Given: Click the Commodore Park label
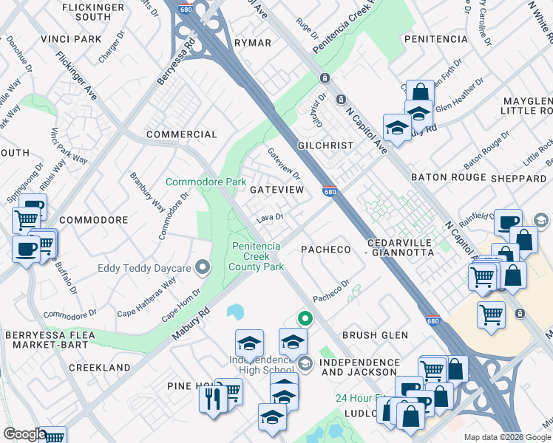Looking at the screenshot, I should click(206, 182).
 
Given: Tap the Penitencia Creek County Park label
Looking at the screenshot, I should click(257, 256).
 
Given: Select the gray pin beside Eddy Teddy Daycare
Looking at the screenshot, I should click(201, 268).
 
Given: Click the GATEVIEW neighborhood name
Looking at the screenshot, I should click(277, 190).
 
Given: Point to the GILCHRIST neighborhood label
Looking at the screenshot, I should click(326, 145).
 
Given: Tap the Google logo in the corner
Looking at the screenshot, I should click(24, 434).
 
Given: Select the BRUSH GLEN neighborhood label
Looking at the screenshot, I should click(375, 335).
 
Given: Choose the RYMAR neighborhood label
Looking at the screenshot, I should click(253, 43).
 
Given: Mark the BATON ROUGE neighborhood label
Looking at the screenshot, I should click(449, 178).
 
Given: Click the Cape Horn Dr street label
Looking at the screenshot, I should click(181, 304).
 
